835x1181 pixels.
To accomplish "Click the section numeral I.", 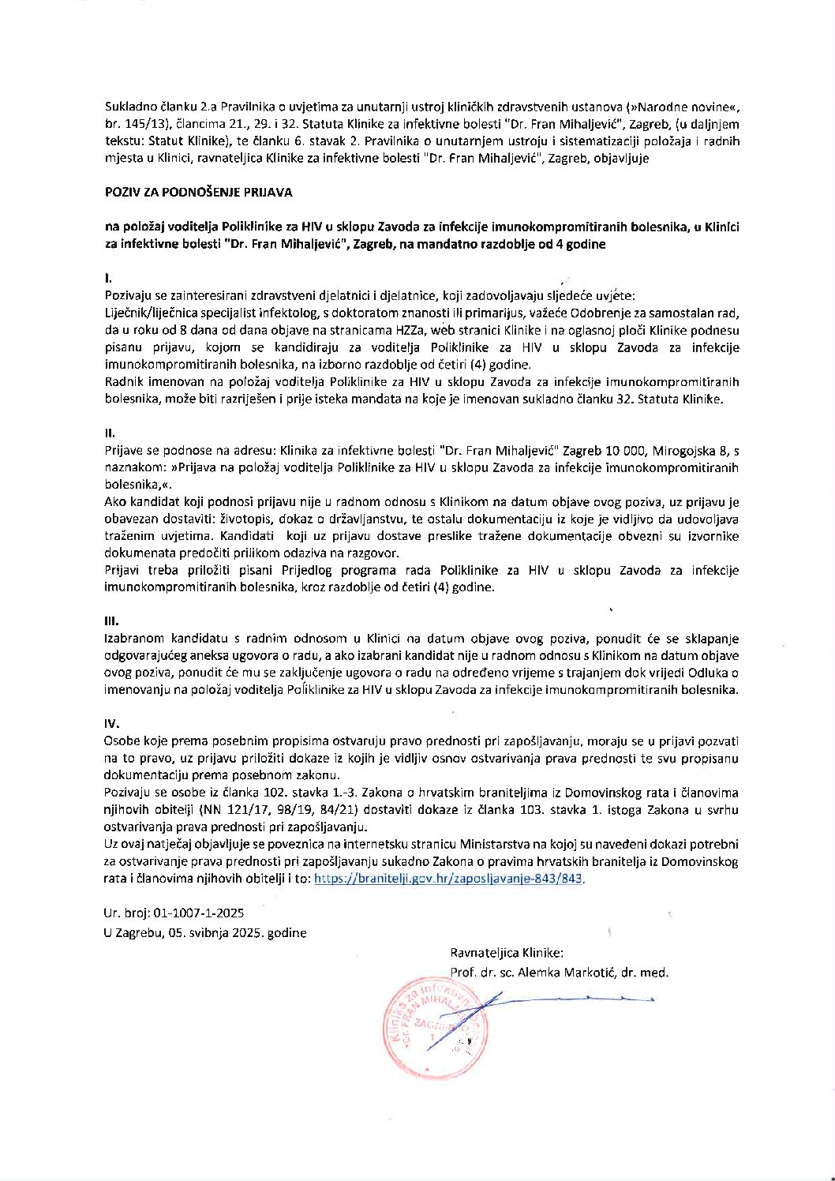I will [108, 278].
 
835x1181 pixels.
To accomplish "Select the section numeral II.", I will [110, 433].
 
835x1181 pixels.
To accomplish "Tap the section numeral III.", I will [111, 621].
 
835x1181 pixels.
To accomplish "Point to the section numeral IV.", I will [111, 724].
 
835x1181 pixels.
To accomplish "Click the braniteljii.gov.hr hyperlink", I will [449, 879].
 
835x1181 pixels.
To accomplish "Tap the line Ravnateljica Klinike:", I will [507, 953].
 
